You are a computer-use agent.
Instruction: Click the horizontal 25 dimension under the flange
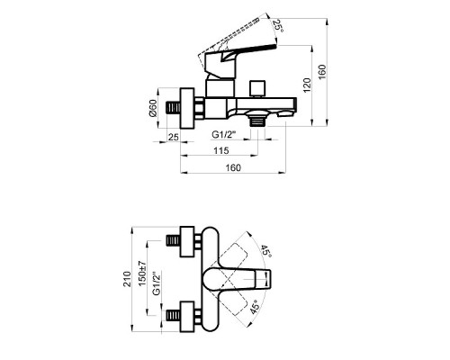[173, 137]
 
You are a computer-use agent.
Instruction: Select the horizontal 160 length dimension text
[233, 167]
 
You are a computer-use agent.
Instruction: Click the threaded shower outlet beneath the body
[259, 117]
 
